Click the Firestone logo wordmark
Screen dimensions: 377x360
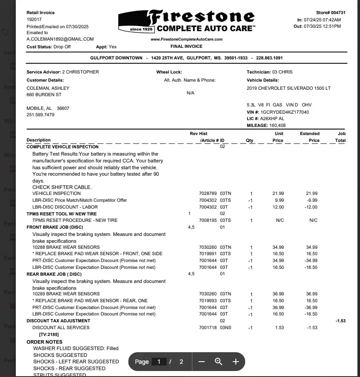coord(201,17)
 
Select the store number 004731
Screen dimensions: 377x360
coord(336,13)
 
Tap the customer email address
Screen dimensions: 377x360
coord(60,39)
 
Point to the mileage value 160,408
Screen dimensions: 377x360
coord(278,126)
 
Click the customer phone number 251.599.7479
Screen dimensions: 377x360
coord(41,115)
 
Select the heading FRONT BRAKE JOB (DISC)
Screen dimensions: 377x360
coord(55,227)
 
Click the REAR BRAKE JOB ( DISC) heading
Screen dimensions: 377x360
coord(54,274)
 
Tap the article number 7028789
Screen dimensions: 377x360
coord(208,194)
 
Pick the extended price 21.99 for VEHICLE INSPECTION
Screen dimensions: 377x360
coord(312,194)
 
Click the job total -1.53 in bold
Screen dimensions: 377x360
coord(340,321)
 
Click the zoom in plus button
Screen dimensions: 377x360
coord(235,362)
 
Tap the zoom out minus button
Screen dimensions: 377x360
coord(202,362)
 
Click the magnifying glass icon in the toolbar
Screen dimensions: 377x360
coord(219,362)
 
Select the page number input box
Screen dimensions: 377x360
coord(159,362)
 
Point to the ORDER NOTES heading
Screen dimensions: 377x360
coord(44,342)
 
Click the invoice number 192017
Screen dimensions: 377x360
coord(34,19)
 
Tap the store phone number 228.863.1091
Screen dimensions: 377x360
coord(269,58)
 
